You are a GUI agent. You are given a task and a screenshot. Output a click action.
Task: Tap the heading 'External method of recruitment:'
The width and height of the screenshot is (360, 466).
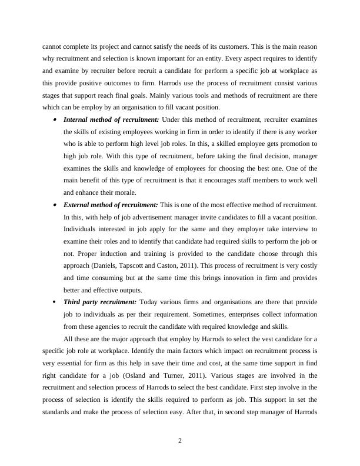[110, 204]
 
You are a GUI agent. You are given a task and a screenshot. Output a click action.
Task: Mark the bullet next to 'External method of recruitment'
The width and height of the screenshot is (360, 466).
[54, 205]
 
